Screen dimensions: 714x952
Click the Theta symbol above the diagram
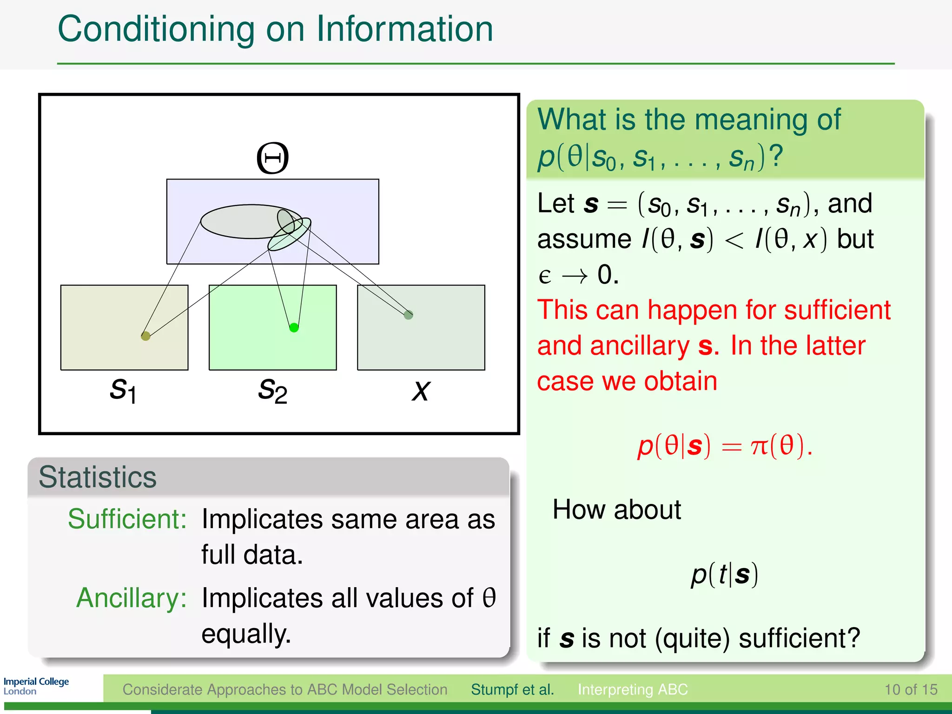[x=273, y=158]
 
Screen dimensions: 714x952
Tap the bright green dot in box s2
[x=294, y=328]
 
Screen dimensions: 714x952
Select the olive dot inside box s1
[x=145, y=336]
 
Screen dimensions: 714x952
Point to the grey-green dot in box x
[x=408, y=315]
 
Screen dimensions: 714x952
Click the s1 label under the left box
[x=123, y=390]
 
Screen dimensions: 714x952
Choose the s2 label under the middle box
[x=273, y=390]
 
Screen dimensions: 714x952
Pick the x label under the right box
[x=421, y=390]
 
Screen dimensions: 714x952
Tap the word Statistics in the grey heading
[x=98, y=477]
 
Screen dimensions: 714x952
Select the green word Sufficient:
[x=127, y=519]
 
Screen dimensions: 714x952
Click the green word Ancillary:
[x=132, y=598]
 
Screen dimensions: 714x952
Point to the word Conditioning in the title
[x=156, y=29]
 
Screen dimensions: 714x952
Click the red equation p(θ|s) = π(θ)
[x=724, y=446]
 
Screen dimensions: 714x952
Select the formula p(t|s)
[x=724, y=575]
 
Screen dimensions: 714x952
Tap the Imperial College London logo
[x=36, y=686]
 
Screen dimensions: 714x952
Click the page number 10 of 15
[x=911, y=689]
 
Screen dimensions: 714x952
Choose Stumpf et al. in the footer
[x=512, y=689]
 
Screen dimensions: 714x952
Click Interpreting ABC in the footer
[x=632, y=689]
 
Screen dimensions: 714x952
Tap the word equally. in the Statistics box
[x=246, y=634]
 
